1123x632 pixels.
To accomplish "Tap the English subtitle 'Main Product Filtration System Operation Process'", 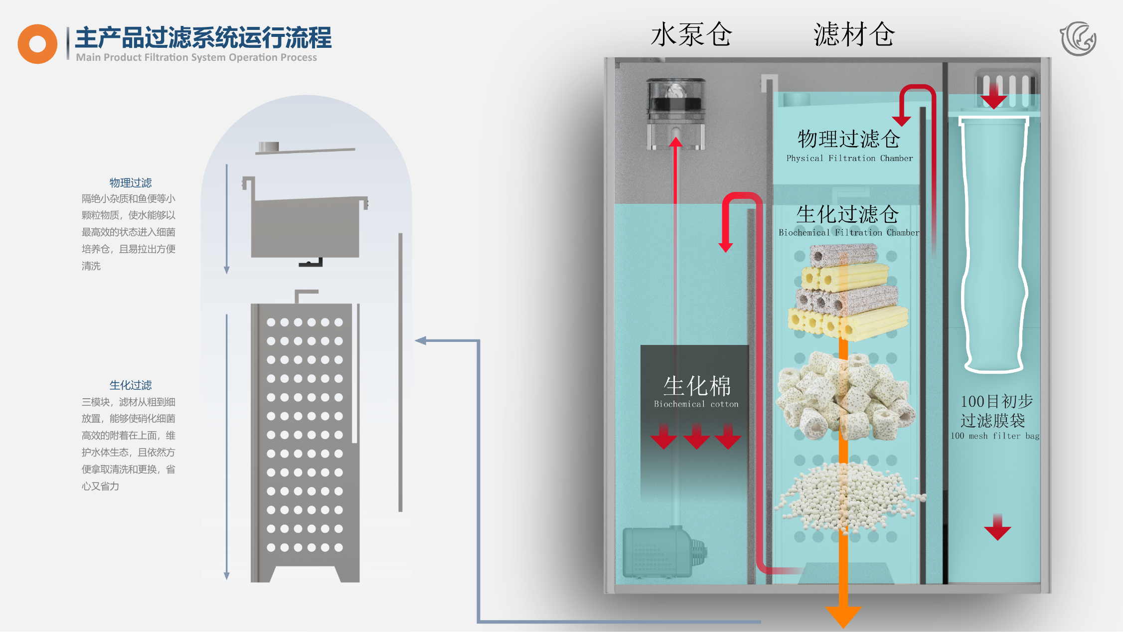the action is tap(196, 57).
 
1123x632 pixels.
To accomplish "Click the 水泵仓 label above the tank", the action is tap(691, 34).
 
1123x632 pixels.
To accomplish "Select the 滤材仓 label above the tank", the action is tap(854, 34).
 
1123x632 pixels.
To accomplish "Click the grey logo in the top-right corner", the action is tap(1078, 39).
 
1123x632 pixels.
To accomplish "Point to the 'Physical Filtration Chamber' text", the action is tap(850, 158).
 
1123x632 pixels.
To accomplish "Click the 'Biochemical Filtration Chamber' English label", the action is tap(849, 232).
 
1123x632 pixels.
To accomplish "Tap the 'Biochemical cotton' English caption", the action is tap(696, 404).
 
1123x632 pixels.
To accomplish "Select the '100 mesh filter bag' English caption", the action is tap(995, 436).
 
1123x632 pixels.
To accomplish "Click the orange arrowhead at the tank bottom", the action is tap(843, 616).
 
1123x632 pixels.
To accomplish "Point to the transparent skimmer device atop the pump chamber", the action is tap(676, 114).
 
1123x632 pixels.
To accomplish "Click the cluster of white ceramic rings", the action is tap(846, 395).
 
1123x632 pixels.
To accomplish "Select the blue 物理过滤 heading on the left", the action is tap(131, 182).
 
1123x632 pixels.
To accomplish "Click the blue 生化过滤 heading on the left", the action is tap(131, 385).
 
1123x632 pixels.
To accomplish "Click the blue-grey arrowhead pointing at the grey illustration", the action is tap(421, 341).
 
